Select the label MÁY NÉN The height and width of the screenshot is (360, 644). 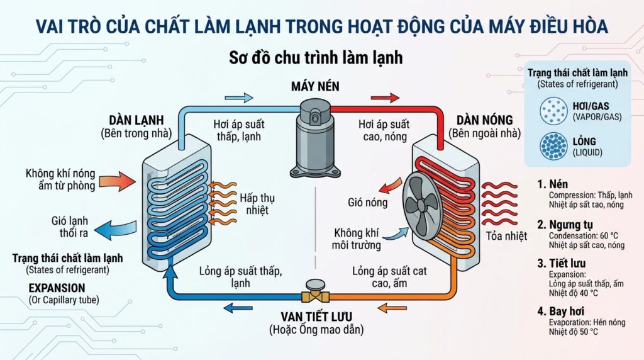[315, 86]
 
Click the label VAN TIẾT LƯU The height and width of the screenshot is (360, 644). [316, 317]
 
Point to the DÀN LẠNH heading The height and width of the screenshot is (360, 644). [136, 120]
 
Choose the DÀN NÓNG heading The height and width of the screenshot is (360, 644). [485, 120]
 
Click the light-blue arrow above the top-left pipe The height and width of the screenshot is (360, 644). [239, 98]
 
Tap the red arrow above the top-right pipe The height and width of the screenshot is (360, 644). [385, 98]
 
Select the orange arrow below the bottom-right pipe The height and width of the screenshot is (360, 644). [392, 307]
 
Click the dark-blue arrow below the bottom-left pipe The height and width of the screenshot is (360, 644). [238, 307]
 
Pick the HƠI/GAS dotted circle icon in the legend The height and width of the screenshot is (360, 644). [553, 111]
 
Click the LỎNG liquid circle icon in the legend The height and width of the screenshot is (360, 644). [553, 146]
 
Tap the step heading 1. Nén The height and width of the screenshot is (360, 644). [552, 184]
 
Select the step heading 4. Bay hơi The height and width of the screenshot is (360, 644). [560, 311]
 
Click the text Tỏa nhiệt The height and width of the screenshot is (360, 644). [506, 236]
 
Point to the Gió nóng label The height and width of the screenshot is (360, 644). [367, 202]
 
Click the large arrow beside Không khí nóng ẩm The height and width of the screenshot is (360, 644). [118, 181]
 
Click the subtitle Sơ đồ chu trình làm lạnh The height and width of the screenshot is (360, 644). [316, 57]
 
